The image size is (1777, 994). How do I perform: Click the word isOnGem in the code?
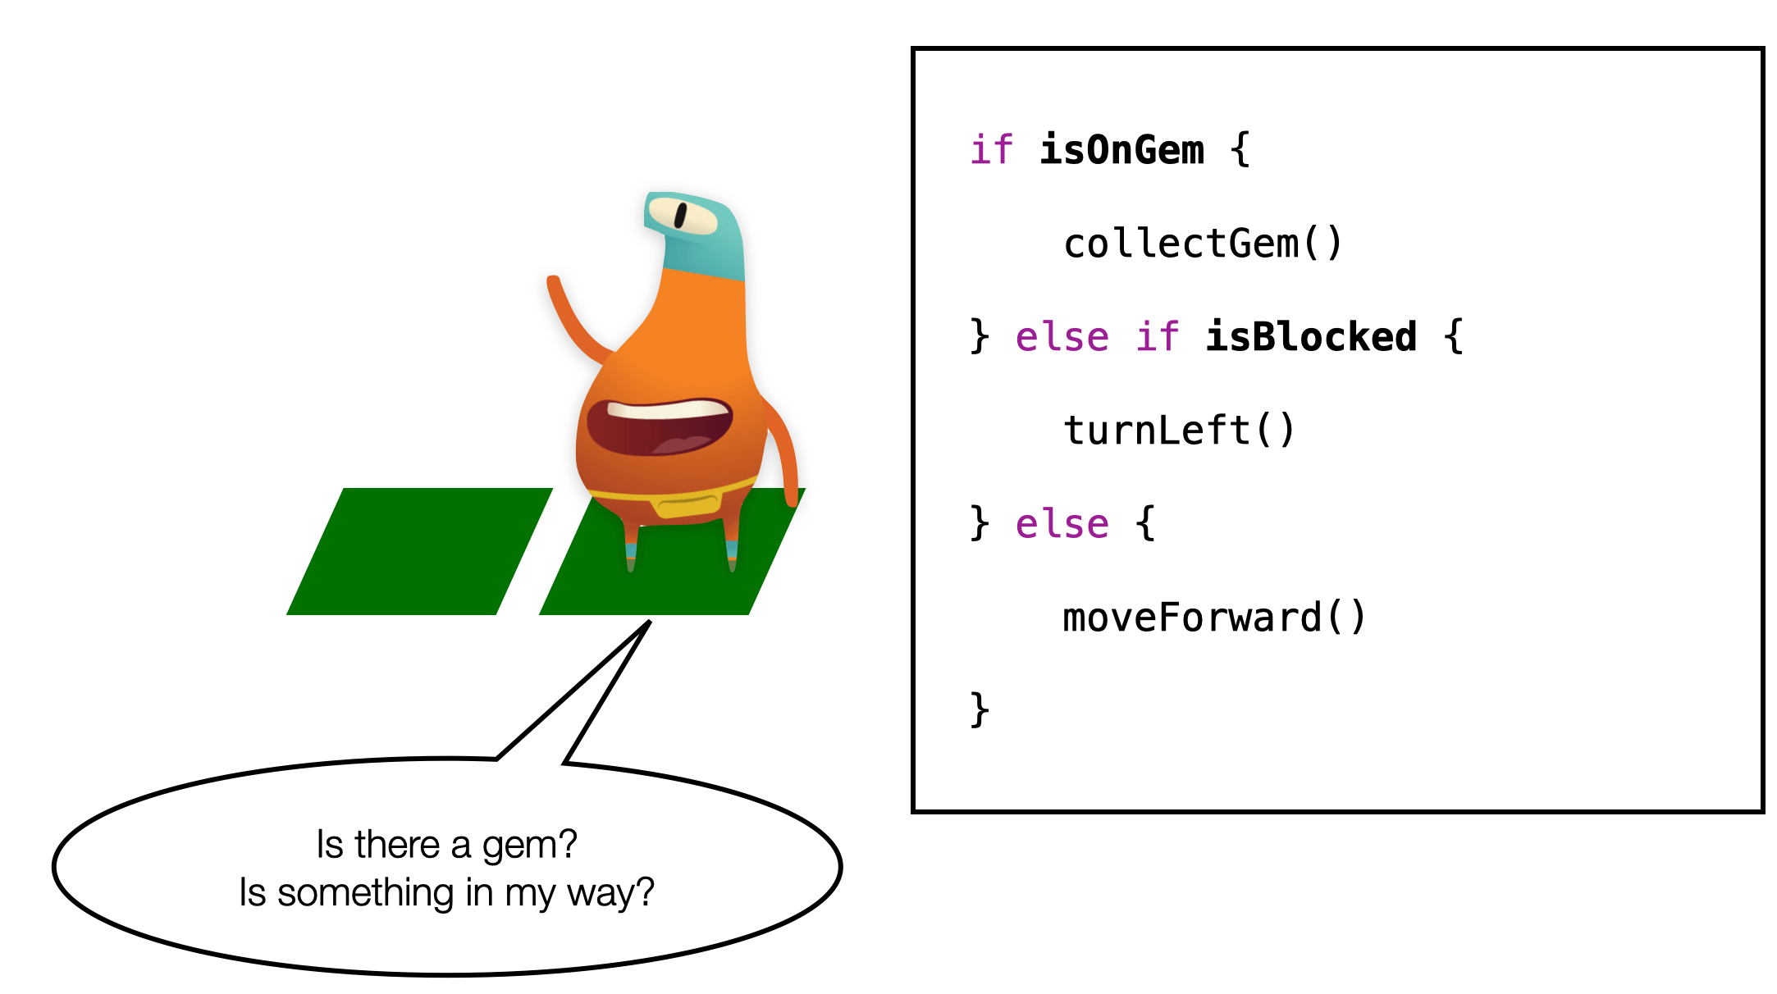point(1121,150)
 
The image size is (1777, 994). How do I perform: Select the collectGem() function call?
point(1203,244)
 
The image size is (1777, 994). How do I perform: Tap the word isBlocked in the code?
point(1311,337)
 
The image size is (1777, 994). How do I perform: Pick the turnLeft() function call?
point(1179,430)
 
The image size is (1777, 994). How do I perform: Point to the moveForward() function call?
point(1214,618)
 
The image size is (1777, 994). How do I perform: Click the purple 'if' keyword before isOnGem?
point(992,150)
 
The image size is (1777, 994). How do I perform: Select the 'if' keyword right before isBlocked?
point(1158,337)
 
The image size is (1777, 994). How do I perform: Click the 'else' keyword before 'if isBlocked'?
point(1062,337)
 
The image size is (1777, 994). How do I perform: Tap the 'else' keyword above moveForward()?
point(1062,524)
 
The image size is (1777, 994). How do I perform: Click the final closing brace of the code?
point(980,710)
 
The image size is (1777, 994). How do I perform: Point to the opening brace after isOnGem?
point(1240,150)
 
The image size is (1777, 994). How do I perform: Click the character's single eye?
point(683,216)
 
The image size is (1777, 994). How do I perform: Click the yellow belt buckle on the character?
point(687,506)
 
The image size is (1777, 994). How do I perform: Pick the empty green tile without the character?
point(419,551)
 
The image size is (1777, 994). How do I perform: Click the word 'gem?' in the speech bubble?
point(530,846)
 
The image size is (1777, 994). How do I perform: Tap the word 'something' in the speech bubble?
point(365,893)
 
